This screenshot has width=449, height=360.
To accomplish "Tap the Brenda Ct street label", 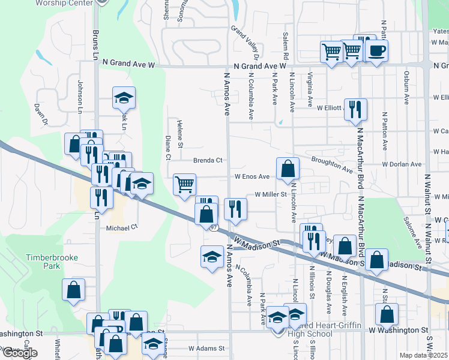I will (x=208, y=160).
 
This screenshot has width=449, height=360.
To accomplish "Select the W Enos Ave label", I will (x=252, y=177).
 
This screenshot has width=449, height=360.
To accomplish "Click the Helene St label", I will (x=179, y=133).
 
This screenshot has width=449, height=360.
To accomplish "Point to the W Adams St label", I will (x=206, y=348).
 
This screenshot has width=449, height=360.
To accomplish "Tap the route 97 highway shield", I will (x=213, y=227).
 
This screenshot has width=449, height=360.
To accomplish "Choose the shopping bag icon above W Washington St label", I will (x=387, y=314).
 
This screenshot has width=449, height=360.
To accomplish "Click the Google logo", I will (x=19, y=353).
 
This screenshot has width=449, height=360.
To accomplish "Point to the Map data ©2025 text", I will (x=423, y=355).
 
